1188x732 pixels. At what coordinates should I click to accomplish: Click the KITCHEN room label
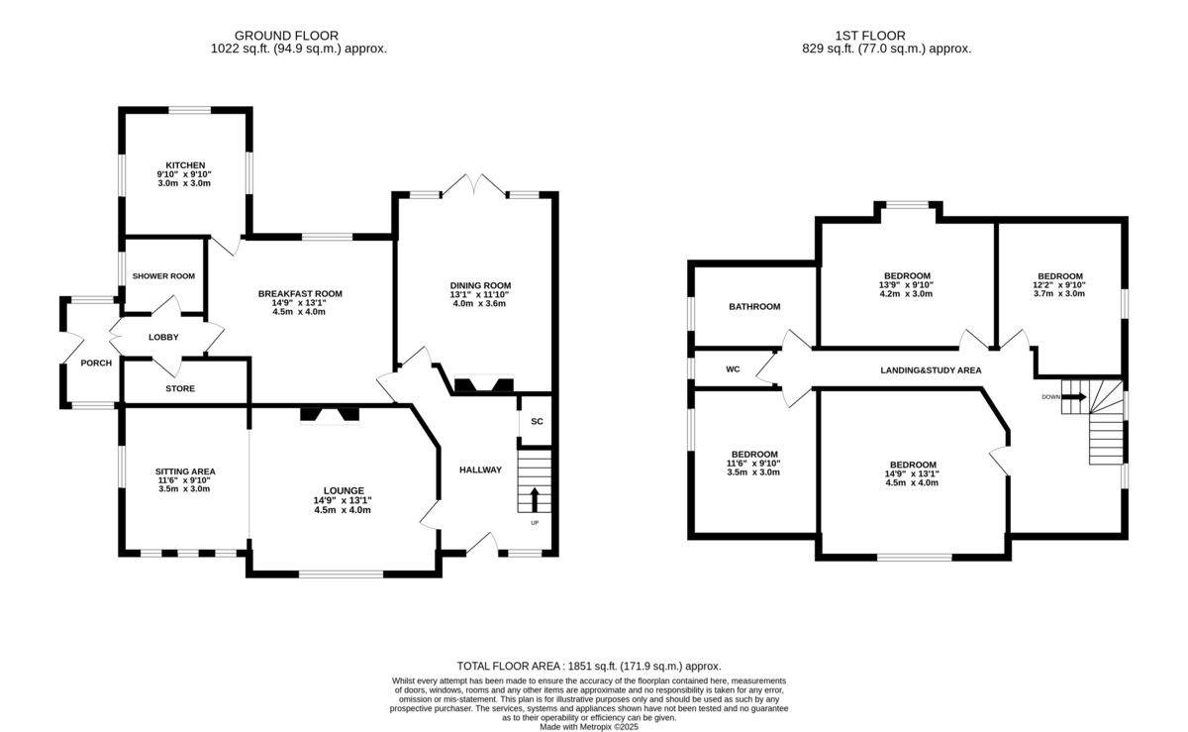(x=185, y=165)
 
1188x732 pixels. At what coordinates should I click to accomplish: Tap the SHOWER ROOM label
(x=163, y=276)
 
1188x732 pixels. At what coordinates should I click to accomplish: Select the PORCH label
(x=96, y=364)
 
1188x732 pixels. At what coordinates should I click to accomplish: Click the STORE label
(x=180, y=388)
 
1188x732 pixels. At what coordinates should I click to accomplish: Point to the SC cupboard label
(x=537, y=422)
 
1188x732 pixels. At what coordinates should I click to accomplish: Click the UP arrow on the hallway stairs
(x=535, y=499)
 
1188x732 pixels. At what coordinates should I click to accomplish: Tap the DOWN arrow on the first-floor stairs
(x=1074, y=397)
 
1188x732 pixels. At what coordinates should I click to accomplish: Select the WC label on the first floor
(x=733, y=369)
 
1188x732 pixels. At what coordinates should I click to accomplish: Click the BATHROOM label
(x=754, y=307)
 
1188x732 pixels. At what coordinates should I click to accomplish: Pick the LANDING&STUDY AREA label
(x=931, y=370)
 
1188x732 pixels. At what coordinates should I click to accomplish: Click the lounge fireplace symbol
(x=330, y=415)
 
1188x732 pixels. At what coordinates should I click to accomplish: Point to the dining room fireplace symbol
(x=484, y=383)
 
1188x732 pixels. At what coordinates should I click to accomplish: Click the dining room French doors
(x=474, y=184)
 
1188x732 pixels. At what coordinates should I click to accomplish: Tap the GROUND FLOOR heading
(x=286, y=36)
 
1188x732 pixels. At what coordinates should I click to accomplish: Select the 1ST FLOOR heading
(x=870, y=36)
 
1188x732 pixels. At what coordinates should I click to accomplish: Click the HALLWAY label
(x=480, y=470)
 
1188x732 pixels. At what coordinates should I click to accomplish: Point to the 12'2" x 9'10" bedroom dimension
(x=1059, y=284)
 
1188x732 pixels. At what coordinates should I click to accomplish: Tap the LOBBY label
(x=163, y=337)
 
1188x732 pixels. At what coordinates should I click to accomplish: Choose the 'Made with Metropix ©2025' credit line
(x=589, y=727)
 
